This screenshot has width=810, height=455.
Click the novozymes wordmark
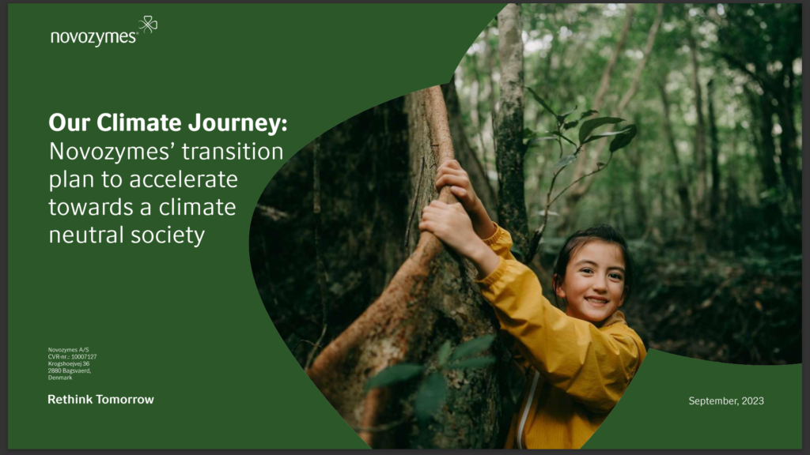(x=94, y=37)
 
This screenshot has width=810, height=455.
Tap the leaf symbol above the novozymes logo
(x=148, y=24)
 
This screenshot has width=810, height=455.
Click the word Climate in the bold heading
(x=139, y=122)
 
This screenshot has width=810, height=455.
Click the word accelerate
(x=184, y=179)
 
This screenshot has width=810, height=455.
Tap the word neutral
(x=86, y=235)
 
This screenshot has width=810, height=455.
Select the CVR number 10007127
(x=84, y=356)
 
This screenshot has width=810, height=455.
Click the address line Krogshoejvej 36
(x=69, y=363)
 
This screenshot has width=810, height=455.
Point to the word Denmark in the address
(x=60, y=378)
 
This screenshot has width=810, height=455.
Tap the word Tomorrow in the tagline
(x=125, y=399)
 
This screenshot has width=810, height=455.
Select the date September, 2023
(x=726, y=400)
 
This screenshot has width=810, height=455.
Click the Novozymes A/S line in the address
(x=68, y=350)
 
